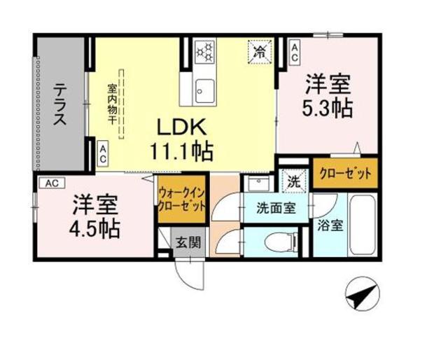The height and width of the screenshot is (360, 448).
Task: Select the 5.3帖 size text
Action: pos(326,109)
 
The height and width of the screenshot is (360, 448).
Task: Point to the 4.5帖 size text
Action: pos(94,228)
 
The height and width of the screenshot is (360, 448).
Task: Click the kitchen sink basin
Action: pos(204,89)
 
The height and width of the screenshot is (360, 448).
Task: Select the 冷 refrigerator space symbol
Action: pos(259,51)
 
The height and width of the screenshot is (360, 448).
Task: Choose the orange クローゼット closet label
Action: pos(343,173)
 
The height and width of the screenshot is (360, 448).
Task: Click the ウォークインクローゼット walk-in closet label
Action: pos(182,199)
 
